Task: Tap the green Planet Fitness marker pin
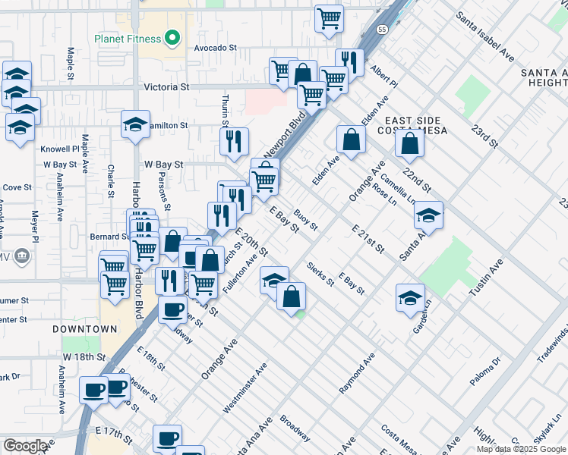(172, 37)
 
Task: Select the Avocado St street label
(215, 47)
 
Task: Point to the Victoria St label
(166, 87)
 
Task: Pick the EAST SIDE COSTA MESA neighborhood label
(415, 126)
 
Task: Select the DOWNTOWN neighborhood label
(85, 329)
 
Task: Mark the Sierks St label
(320, 274)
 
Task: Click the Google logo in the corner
(25, 445)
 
